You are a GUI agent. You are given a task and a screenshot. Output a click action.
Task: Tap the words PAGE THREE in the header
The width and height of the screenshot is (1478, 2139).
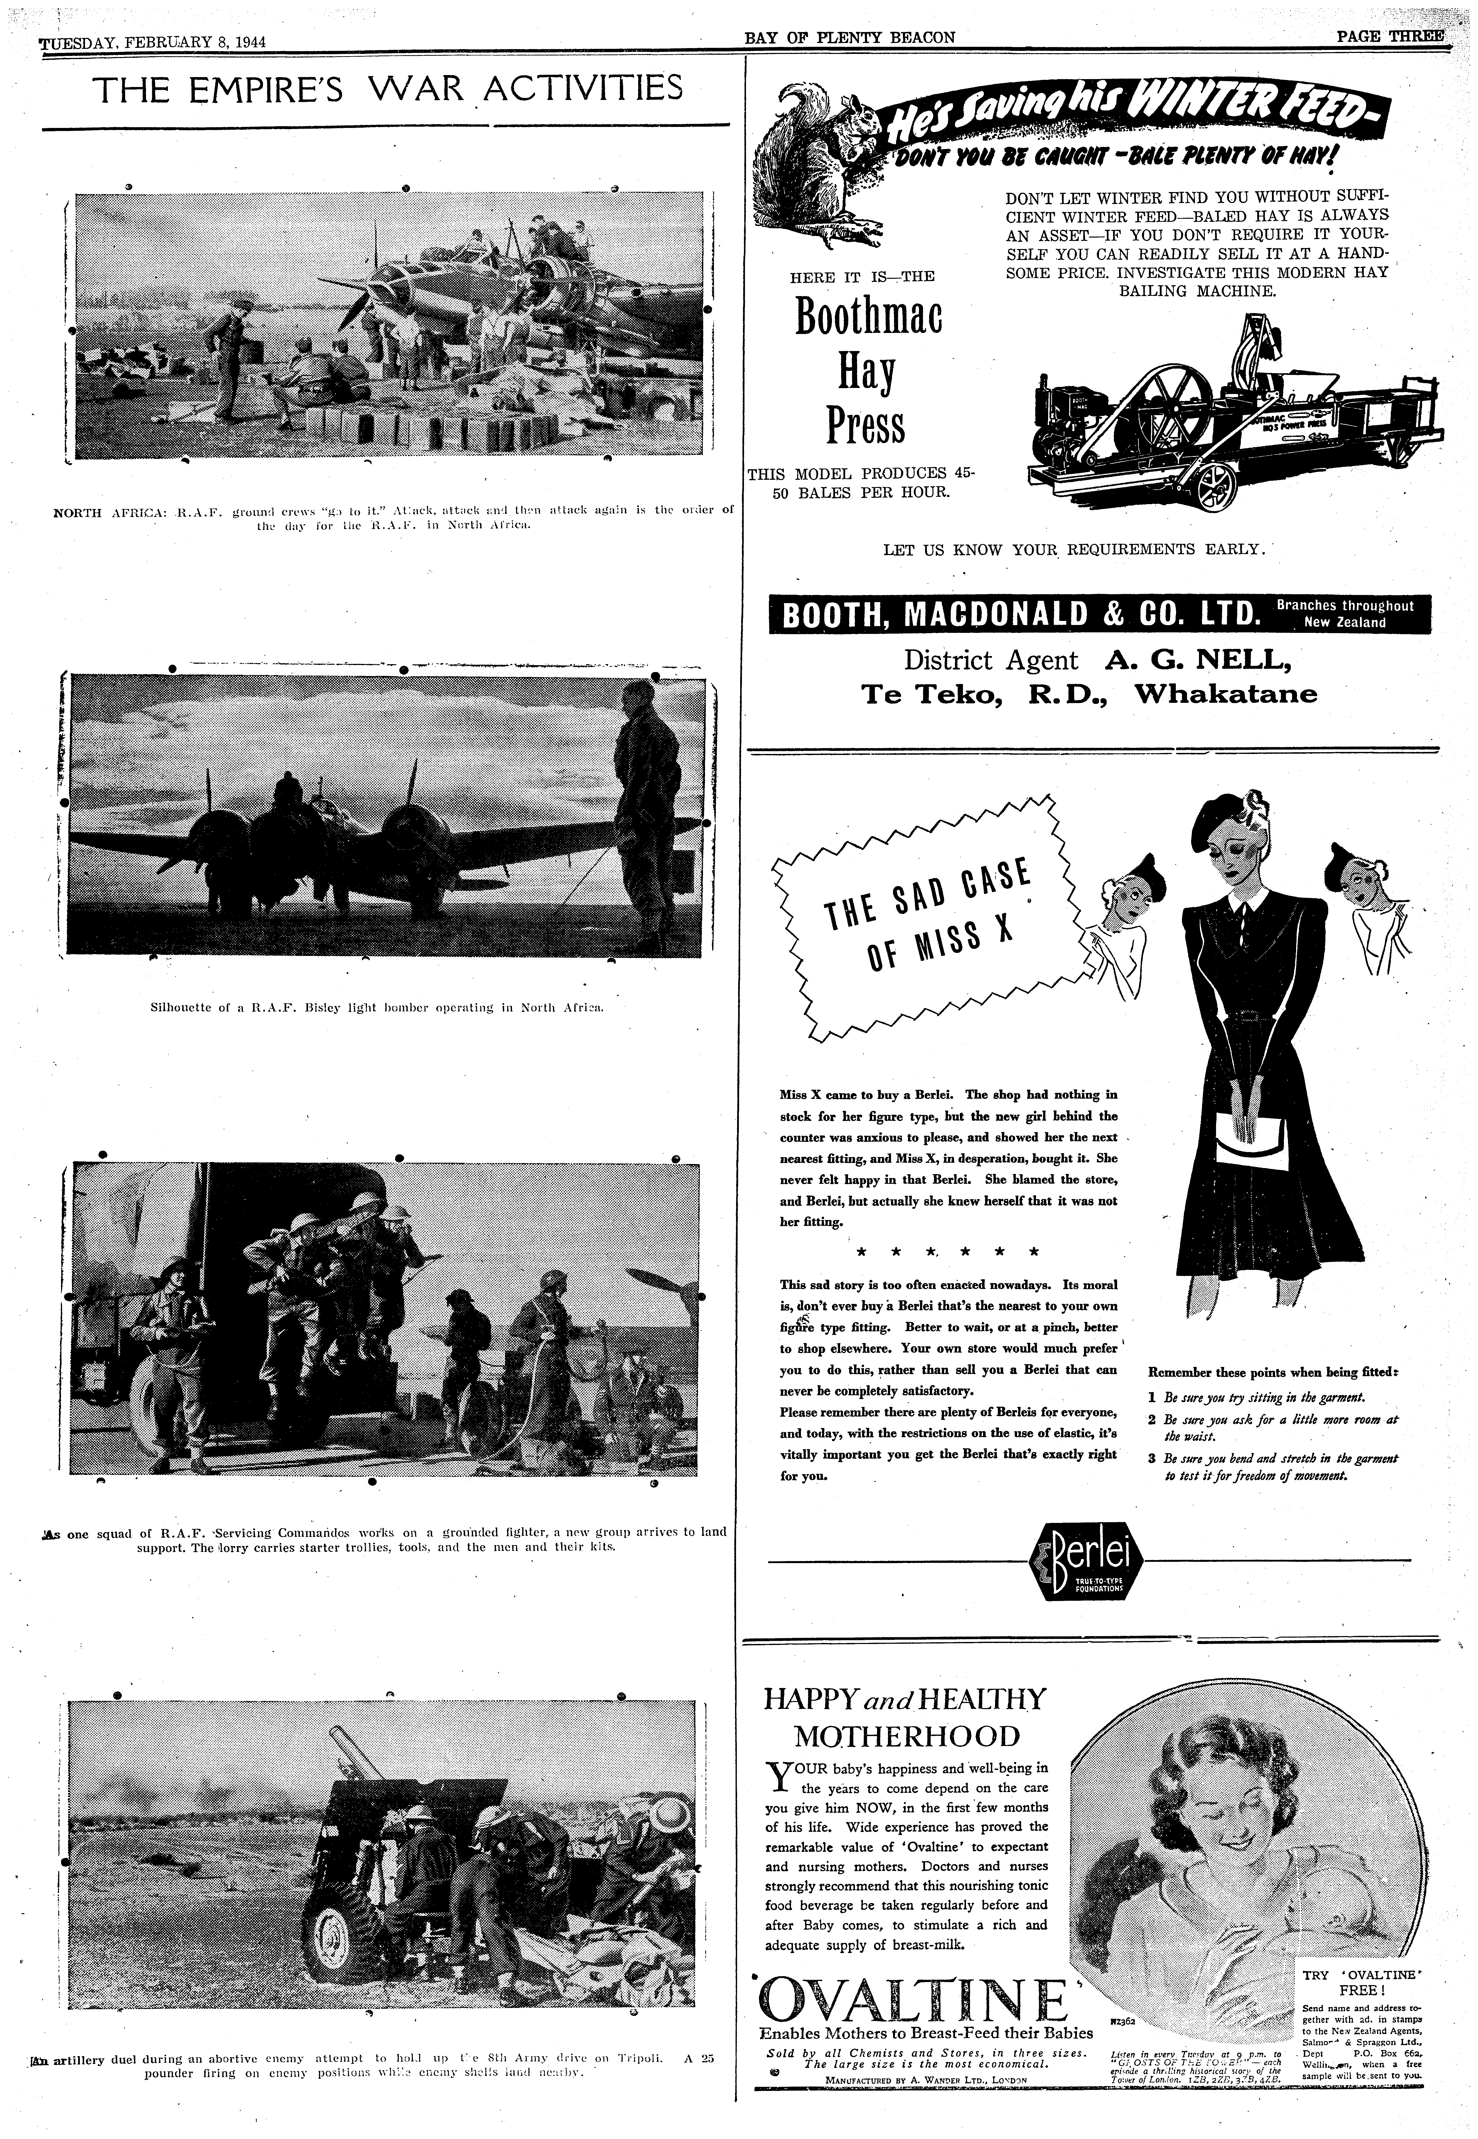[1389, 37]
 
